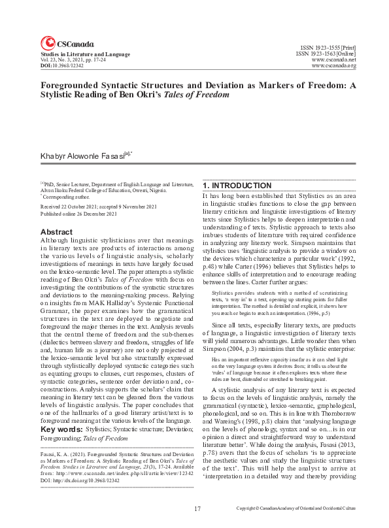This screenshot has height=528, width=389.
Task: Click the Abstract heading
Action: click(x=57, y=232)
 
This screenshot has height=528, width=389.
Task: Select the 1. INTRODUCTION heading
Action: click(x=237, y=186)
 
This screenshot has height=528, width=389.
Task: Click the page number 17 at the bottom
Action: click(x=197, y=508)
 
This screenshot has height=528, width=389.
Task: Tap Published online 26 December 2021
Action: click(x=80, y=213)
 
